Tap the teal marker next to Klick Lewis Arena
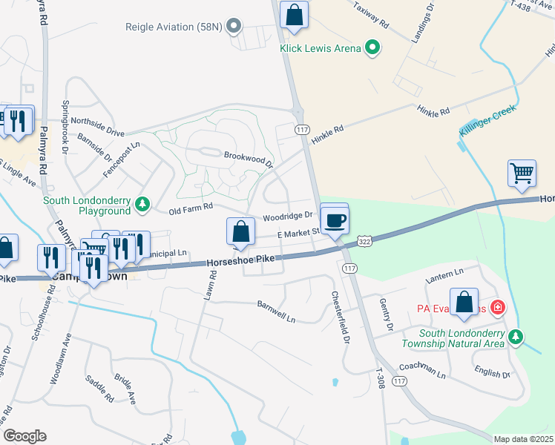tap(373, 49)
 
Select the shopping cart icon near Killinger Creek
tap(522, 173)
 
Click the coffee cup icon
tap(335, 220)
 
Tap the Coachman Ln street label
tap(421, 369)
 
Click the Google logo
tap(24, 436)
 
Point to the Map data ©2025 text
tap(523, 439)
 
